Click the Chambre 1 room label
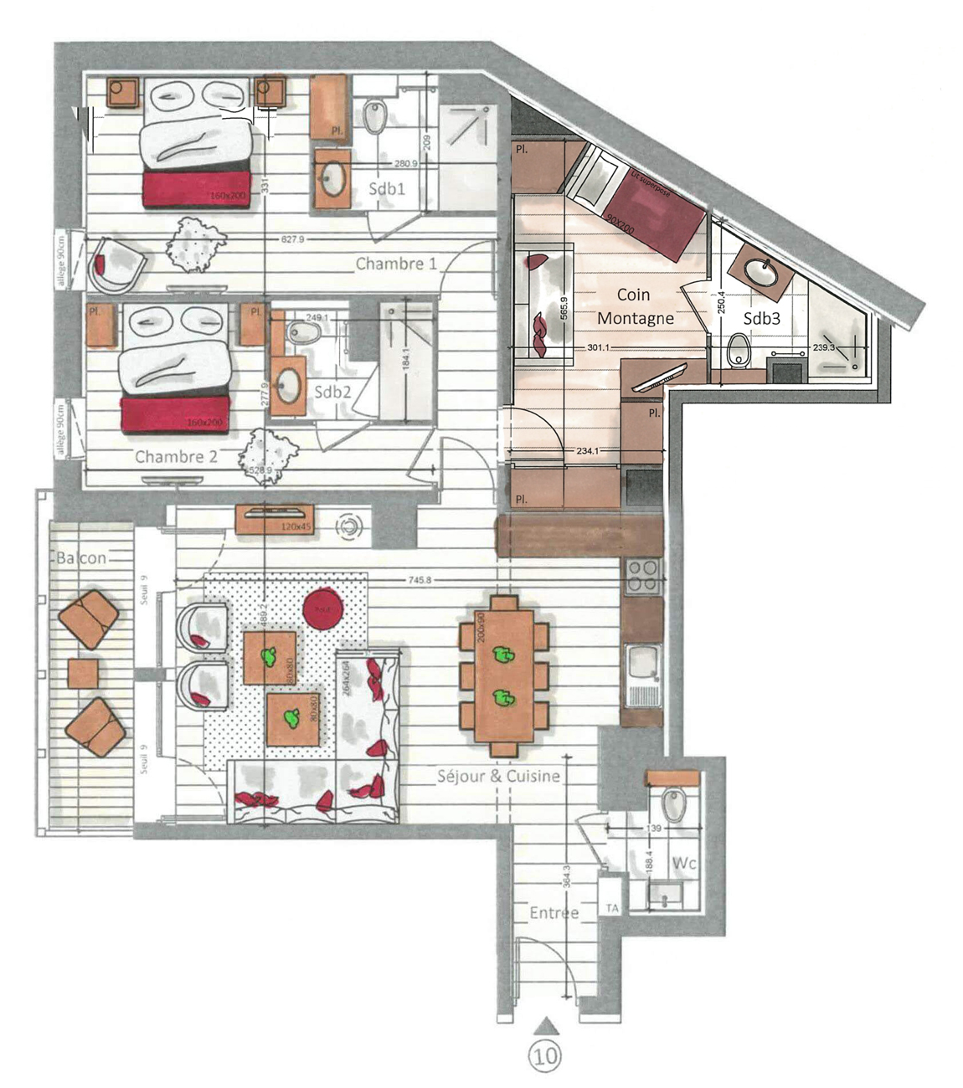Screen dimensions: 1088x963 [x=396, y=264]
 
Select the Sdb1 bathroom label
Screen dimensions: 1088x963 [x=387, y=189]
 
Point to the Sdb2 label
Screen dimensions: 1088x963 [x=332, y=392]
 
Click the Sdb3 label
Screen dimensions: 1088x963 [x=762, y=319]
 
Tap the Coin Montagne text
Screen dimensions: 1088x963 [x=635, y=306]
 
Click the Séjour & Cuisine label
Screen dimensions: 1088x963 [x=498, y=776]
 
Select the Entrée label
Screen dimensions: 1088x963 [x=554, y=913]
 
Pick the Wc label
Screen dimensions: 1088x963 [x=684, y=863]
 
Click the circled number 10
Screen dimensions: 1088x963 [x=546, y=1055]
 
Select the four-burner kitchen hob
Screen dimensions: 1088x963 [x=643, y=576]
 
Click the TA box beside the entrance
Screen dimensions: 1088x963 [x=612, y=909]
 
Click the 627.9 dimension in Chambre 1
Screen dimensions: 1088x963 [x=292, y=240]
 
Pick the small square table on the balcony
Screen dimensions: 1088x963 [x=83, y=674]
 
